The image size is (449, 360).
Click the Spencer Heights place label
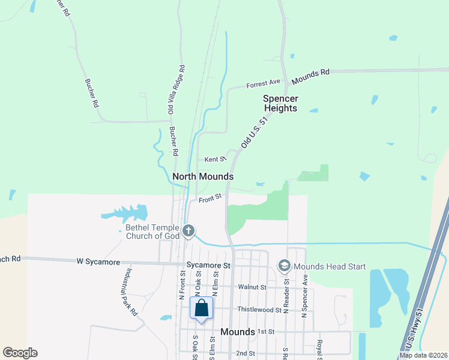point(280,103)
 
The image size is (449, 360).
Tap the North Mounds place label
point(202,176)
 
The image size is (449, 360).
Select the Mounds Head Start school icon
point(284,265)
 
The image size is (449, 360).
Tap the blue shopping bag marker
point(202,308)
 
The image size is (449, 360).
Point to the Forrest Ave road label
point(263,85)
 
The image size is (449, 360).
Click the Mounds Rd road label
point(310,77)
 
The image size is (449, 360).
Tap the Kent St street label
point(214,160)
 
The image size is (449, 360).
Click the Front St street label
point(211,196)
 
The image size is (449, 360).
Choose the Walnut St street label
point(252,287)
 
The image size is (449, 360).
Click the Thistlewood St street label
point(259,310)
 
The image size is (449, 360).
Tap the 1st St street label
point(266,331)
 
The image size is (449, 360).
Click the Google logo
point(20,353)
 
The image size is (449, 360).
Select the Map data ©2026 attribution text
point(423,355)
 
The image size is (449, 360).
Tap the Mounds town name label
point(238,331)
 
